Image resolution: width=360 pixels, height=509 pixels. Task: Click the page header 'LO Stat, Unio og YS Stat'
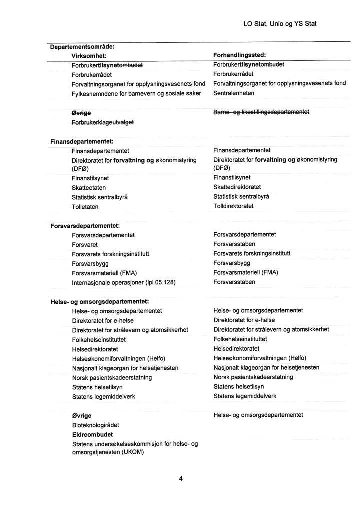[280, 23]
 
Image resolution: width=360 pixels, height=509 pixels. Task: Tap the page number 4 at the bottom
[180, 479]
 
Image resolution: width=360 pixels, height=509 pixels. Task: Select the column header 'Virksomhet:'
[89, 55]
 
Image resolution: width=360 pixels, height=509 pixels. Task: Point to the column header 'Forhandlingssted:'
[239, 55]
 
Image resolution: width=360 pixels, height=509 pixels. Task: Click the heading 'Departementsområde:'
[82, 47]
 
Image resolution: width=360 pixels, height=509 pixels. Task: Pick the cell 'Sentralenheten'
[234, 93]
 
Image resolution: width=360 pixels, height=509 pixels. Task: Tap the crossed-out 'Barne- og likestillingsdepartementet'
[261, 112]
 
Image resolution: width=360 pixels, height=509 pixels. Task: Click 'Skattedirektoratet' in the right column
[237, 187]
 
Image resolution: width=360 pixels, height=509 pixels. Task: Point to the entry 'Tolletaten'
[85, 207]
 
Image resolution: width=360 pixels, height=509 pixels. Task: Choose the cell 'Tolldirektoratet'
[233, 206]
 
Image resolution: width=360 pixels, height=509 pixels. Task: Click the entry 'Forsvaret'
[85, 245]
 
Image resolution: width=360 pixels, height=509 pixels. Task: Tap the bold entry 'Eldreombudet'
[92, 434]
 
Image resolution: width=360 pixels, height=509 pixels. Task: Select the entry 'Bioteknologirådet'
[96, 425]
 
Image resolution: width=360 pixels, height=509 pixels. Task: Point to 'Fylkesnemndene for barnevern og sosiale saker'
[136, 93]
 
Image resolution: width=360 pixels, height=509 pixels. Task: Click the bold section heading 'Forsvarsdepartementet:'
[85, 226]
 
